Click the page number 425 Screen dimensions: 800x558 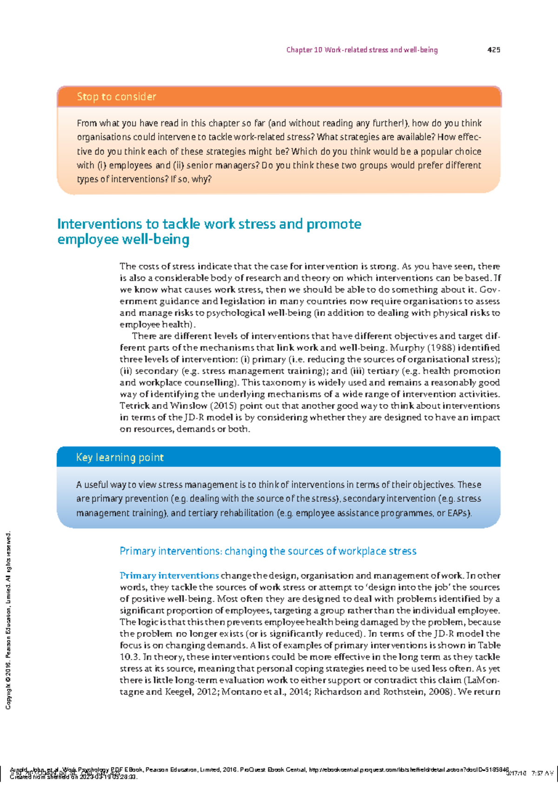tap(493, 50)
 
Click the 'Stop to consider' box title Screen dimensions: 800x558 tap(116, 97)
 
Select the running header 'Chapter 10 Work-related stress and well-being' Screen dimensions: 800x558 tap(362, 50)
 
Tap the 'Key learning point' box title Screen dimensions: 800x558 tap(120, 458)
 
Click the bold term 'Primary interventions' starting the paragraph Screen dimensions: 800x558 tap(169, 576)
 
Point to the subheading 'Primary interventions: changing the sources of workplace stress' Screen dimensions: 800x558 tap(268, 551)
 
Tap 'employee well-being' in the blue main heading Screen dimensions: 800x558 tap(123, 240)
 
